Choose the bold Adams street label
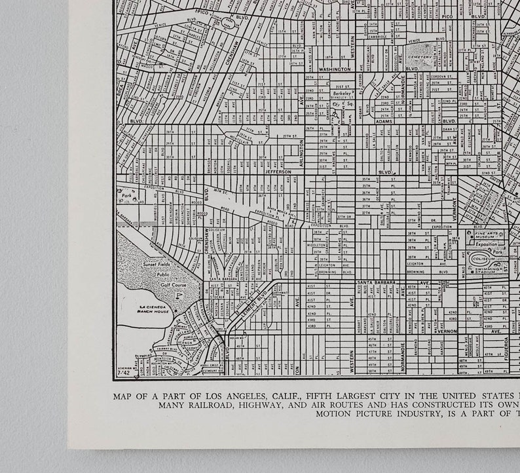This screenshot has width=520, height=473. tap(384, 121)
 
